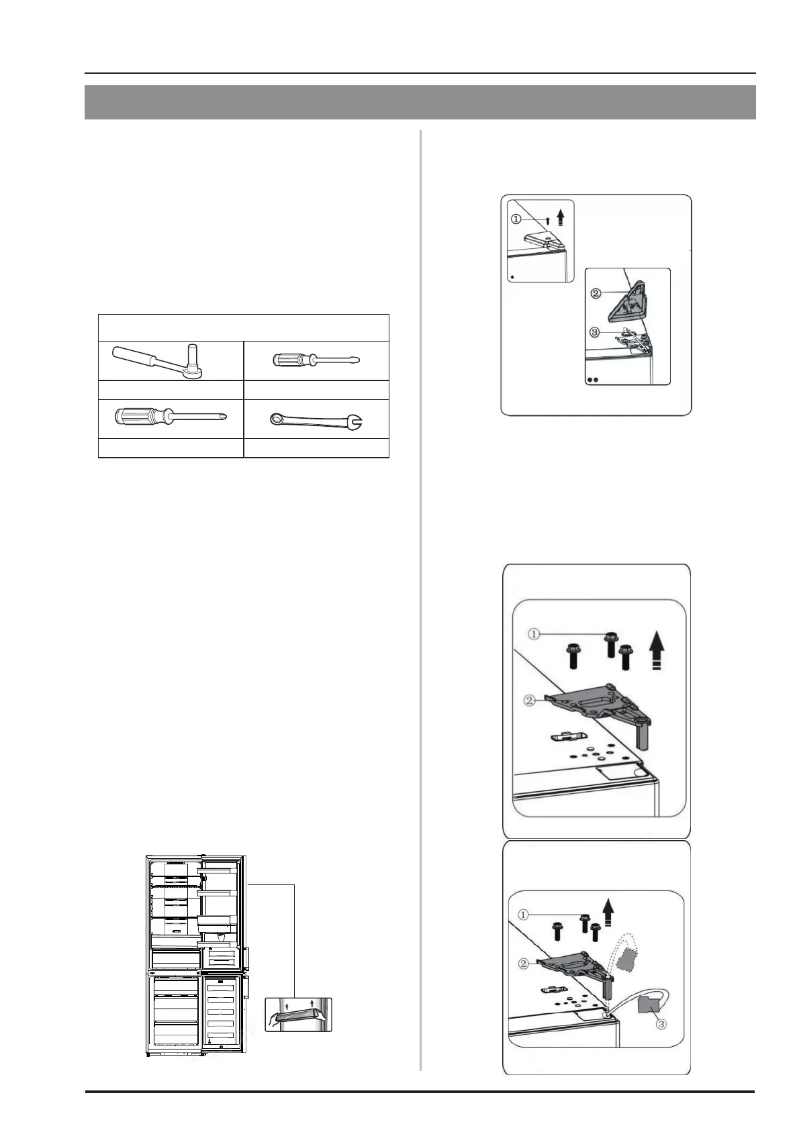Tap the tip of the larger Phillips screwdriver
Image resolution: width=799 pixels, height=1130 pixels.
[225, 417]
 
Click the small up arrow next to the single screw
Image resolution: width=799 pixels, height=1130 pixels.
[560, 218]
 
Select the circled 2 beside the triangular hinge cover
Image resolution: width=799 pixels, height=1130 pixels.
[596, 294]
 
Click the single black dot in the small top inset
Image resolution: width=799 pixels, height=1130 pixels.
[512, 276]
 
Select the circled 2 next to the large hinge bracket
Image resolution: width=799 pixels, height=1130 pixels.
[530, 701]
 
